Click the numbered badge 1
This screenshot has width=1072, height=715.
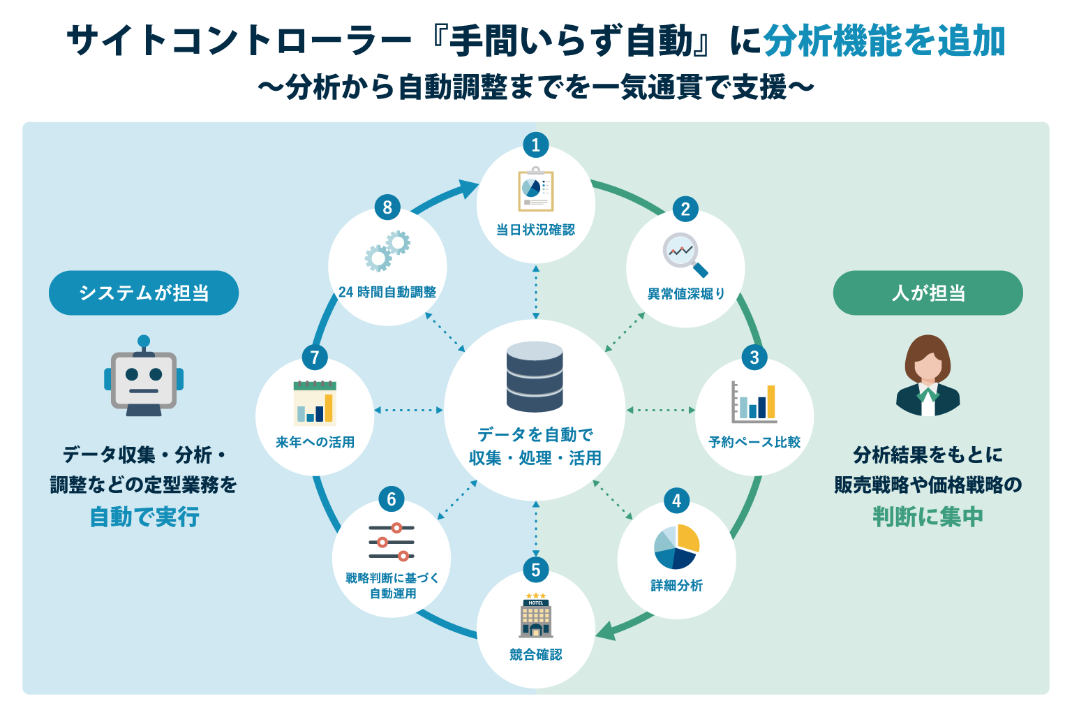(535, 145)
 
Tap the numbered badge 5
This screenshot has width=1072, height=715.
(535, 570)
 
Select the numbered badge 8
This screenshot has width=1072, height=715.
(387, 207)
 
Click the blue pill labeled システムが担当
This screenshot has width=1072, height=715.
(144, 293)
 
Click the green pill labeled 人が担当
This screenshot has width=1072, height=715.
(928, 293)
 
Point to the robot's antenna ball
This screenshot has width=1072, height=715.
(144, 341)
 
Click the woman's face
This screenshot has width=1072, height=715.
(928, 368)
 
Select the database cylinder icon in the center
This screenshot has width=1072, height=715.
(535, 376)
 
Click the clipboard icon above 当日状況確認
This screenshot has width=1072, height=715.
(536, 189)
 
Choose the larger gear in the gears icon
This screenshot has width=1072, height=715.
(378, 258)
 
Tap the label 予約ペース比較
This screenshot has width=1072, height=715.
(754, 441)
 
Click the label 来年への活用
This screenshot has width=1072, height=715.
(315, 441)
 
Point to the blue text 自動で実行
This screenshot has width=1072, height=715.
(144, 517)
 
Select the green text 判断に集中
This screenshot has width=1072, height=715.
(928, 517)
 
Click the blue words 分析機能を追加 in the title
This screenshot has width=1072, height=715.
(884, 40)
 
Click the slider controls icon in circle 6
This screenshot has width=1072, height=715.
(392, 542)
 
